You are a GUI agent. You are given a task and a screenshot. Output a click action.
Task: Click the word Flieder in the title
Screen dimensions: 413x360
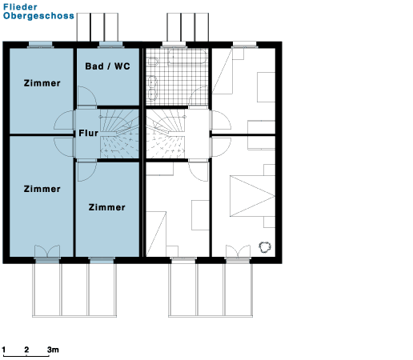click(x=20, y=7)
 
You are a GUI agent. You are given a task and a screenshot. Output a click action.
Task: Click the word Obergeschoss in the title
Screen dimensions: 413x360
click(x=38, y=16)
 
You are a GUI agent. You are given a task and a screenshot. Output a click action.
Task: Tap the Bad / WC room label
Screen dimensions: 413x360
click(x=108, y=66)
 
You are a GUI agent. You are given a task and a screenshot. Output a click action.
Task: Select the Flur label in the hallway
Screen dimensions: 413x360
click(x=89, y=133)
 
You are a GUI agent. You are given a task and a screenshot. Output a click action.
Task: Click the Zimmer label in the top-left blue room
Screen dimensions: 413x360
click(x=42, y=83)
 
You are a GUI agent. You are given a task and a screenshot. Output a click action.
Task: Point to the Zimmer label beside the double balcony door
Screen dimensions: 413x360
click(x=42, y=189)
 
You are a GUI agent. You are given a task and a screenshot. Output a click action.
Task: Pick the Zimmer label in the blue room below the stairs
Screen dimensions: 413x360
click(x=107, y=207)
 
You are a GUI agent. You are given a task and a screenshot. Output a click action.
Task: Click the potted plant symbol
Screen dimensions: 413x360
click(x=265, y=247)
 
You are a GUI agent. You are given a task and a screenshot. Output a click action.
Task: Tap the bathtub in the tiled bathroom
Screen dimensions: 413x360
click(x=187, y=57)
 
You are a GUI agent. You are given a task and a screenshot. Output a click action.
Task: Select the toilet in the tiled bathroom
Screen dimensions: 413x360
click(x=152, y=62)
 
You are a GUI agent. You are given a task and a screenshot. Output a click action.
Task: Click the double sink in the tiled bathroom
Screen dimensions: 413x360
click(x=152, y=88)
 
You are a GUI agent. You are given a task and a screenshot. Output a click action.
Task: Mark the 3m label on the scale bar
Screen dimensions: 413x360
click(x=53, y=350)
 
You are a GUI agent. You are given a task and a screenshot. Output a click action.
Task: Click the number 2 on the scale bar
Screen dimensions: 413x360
click(x=26, y=350)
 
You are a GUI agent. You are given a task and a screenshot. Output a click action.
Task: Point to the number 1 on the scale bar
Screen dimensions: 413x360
click(x=4, y=350)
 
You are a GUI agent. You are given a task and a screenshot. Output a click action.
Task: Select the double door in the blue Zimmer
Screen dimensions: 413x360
click(x=47, y=251)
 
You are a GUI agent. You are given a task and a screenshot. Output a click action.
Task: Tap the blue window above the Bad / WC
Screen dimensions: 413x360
click(x=110, y=44)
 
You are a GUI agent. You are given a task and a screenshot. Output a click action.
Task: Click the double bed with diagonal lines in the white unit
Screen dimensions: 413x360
click(x=252, y=196)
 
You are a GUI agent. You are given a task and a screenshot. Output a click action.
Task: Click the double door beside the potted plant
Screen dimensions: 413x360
click(x=239, y=251)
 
